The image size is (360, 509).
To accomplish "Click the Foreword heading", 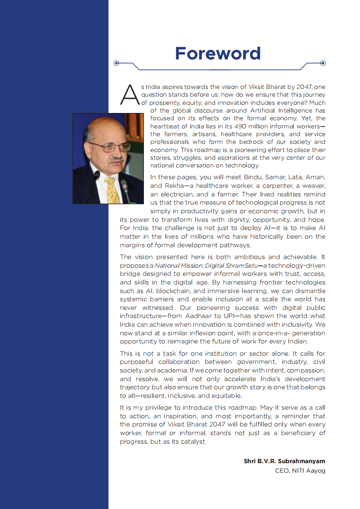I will pos(218,54).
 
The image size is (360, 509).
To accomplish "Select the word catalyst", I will pos(193,441).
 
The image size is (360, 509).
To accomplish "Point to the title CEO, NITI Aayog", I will pos(300,470).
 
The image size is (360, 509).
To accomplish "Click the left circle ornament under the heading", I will pos(117,63).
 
